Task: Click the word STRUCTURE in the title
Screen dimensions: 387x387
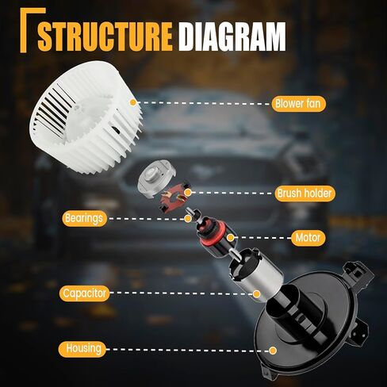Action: click(105, 36)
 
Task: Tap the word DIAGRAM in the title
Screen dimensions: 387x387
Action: click(232, 36)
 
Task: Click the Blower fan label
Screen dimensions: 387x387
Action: click(298, 103)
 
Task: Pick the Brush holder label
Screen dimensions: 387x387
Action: click(305, 193)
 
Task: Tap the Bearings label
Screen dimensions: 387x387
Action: click(84, 218)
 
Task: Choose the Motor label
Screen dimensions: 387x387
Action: click(308, 238)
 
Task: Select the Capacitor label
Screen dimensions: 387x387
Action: click(84, 293)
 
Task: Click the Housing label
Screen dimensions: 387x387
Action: click(82, 349)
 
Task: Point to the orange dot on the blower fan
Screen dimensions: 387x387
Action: click(133, 102)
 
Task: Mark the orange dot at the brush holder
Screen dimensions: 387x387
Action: click(188, 192)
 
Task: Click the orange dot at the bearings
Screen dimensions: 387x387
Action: click(188, 219)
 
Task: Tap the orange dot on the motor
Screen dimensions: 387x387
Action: click(231, 238)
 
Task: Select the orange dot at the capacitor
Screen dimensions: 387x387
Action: click(256, 293)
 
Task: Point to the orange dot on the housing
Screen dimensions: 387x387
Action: click(273, 351)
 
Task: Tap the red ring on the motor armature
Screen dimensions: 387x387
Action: click(213, 236)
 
